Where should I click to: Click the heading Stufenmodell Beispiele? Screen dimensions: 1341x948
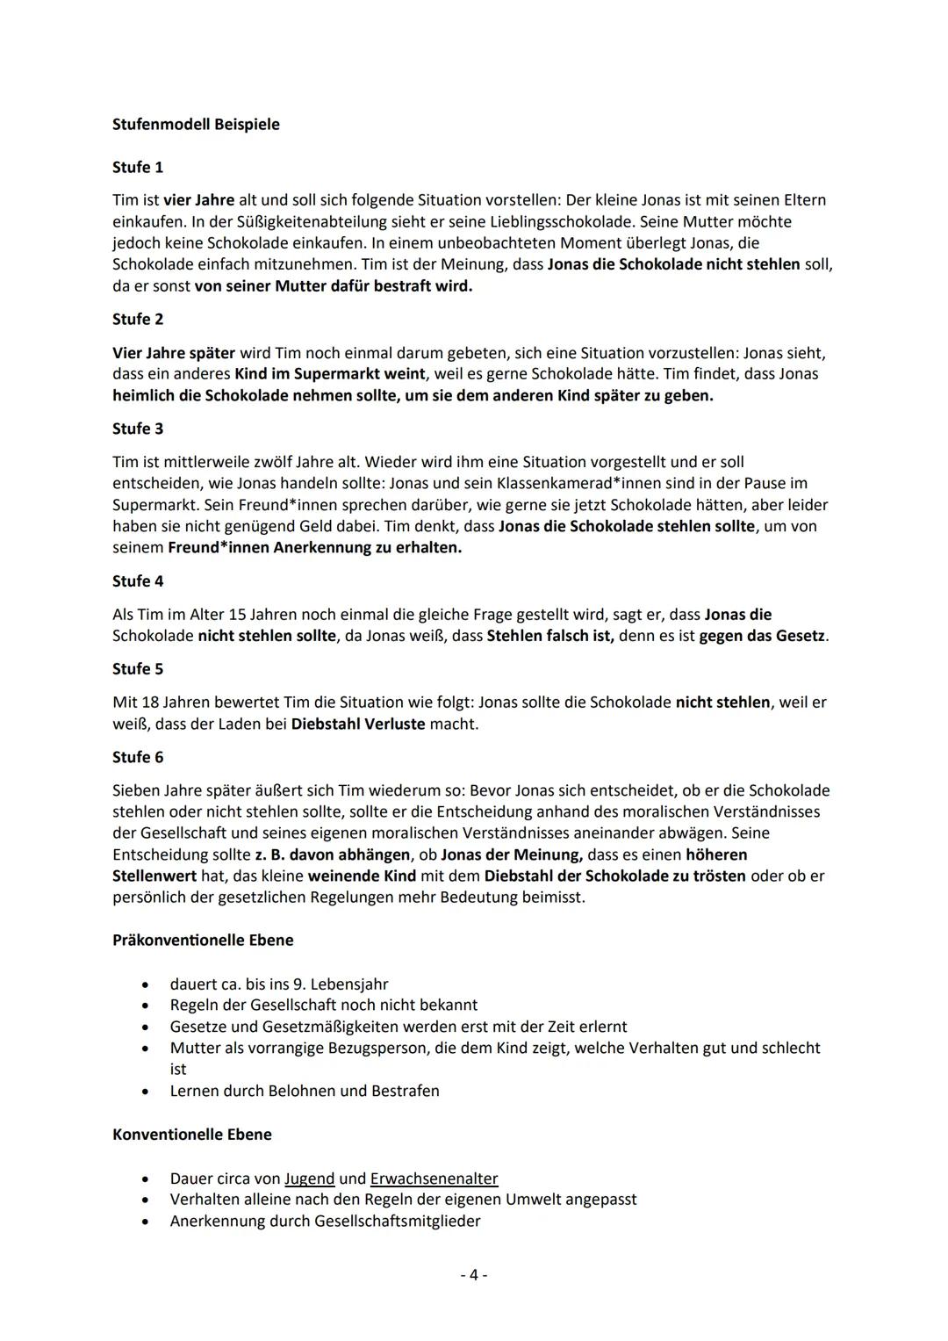point(196,124)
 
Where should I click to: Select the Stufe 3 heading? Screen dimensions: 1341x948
point(138,429)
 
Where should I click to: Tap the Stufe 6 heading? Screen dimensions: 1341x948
point(138,757)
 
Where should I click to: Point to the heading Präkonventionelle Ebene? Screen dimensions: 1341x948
point(203,940)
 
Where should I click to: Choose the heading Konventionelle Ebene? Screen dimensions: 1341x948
point(191,1135)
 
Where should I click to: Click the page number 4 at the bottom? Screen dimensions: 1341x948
point(474,1274)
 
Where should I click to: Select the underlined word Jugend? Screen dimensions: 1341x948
point(309,1179)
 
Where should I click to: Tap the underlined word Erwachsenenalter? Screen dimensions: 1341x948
point(434,1179)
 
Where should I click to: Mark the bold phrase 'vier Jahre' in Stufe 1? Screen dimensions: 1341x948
point(198,200)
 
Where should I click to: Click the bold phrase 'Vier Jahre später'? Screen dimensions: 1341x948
point(174,353)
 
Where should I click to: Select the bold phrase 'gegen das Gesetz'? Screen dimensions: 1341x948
point(761,635)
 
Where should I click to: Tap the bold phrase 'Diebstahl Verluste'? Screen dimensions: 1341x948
point(357,725)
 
